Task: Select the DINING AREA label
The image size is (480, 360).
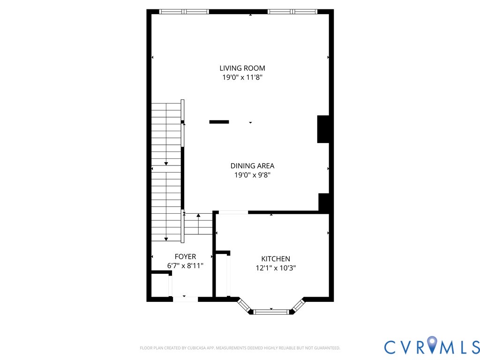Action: coord(252,165)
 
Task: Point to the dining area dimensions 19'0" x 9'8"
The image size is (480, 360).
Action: coord(253,175)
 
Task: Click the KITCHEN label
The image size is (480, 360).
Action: coord(276,259)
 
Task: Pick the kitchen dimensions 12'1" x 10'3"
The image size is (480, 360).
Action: coord(275,268)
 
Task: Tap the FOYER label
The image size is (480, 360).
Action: coord(185,256)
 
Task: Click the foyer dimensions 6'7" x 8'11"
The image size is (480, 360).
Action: coord(185,266)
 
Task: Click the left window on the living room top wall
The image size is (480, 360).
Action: coord(184,11)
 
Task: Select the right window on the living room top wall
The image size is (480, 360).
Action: coord(292,11)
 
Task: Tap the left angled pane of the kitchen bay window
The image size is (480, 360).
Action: coord(244,305)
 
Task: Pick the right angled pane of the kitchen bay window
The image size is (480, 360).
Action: coord(298,305)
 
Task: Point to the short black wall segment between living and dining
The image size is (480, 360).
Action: coord(219,122)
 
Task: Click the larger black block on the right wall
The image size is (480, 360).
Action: coord(323,129)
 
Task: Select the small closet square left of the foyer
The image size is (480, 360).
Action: coord(159,285)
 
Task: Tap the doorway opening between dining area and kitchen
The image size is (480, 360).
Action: coord(233,212)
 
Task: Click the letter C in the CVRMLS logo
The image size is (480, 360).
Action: coord(392,347)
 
